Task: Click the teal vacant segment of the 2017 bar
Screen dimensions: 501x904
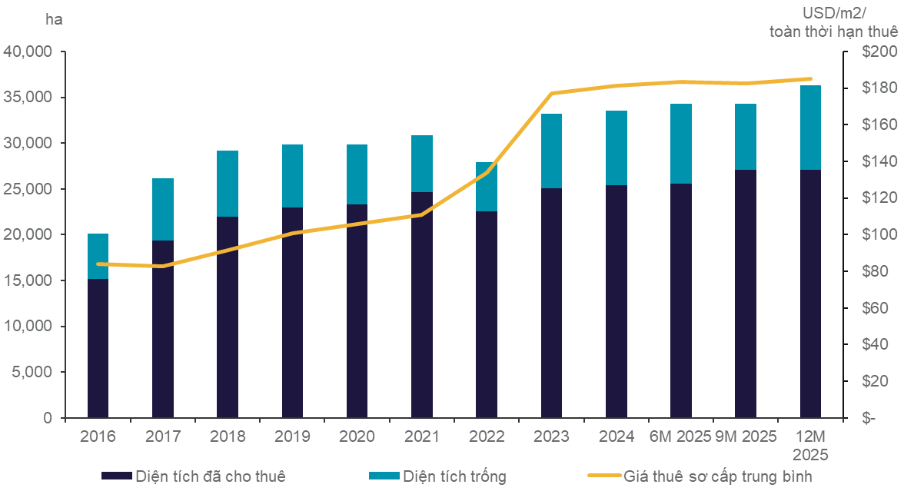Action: [x=162, y=209]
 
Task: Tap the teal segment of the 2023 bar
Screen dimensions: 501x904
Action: [x=551, y=151]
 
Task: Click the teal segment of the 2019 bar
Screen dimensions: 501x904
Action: [x=292, y=176]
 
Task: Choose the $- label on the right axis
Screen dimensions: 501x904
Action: [x=869, y=418]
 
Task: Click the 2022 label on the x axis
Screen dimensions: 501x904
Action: [x=486, y=436]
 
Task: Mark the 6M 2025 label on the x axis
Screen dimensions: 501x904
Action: [x=680, y=436]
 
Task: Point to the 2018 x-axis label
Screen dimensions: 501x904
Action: [x=228, y=436]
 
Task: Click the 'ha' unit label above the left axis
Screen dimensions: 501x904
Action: [x=55, y=20]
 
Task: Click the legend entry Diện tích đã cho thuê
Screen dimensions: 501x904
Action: [x=210, y=476]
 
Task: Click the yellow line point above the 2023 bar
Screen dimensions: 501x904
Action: [x=551, y=93]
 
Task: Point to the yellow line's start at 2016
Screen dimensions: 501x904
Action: [x=98, y=264]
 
